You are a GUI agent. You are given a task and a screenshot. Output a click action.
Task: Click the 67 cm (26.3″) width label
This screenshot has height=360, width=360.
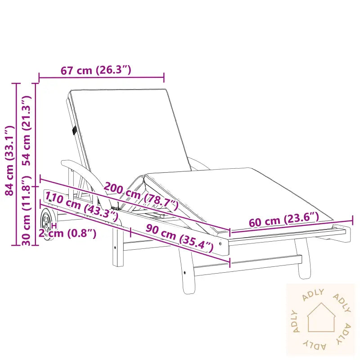(96, 70)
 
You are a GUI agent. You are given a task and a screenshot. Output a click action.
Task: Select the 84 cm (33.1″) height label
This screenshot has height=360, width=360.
(10, 161)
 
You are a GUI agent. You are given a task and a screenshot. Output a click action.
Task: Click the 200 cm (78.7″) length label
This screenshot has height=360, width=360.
(141, 196)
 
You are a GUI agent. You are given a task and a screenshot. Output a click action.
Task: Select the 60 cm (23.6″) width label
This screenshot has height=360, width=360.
(284, 220)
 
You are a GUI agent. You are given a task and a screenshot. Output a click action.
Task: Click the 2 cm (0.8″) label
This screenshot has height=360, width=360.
(67, 233)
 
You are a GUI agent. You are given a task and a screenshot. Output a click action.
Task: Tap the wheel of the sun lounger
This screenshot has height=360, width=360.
(47, 224)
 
